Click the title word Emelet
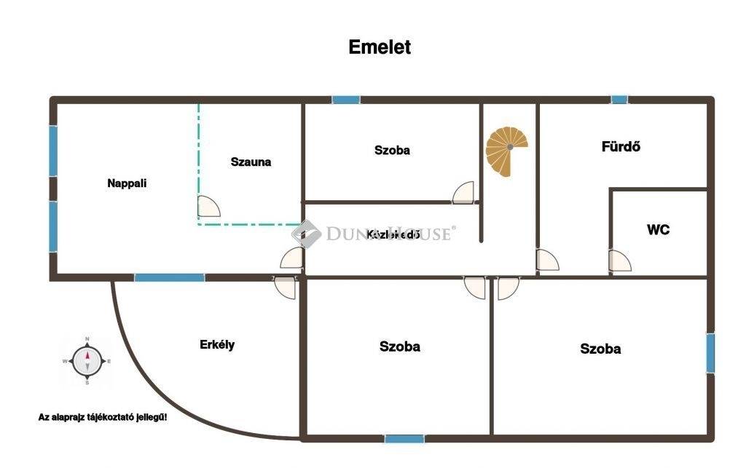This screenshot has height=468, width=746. (x=380, y=47)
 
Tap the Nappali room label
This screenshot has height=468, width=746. (x=127, y=183)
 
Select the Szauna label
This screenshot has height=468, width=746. (x=251, y=162)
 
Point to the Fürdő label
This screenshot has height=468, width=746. (x=621, y=146)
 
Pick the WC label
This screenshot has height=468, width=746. (x=658, y=230)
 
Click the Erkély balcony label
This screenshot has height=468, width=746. (x=217, y=344)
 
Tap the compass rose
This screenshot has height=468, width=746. (x=87, y=360)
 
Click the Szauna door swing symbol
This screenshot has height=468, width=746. (x=208, y=206)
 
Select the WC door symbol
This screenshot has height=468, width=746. (x=620, y=261)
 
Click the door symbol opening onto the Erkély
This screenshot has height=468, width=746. (x=286, y=287)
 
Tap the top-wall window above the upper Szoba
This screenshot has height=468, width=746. (x=345, y=100)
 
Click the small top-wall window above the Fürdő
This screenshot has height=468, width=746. (x=619, y=100)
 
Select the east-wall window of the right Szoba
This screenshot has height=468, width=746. (x=710, y=352)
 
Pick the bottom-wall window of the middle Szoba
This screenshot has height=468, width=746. (x=404, y=438)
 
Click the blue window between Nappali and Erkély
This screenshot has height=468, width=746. (x=169, y=277)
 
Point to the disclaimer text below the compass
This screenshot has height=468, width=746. (x=103, y=417)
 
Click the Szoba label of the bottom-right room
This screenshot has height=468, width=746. (x=600, y=349)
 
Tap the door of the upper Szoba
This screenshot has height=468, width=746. (x=463, y=193)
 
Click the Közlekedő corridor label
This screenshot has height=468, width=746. (x=393, y=234)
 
